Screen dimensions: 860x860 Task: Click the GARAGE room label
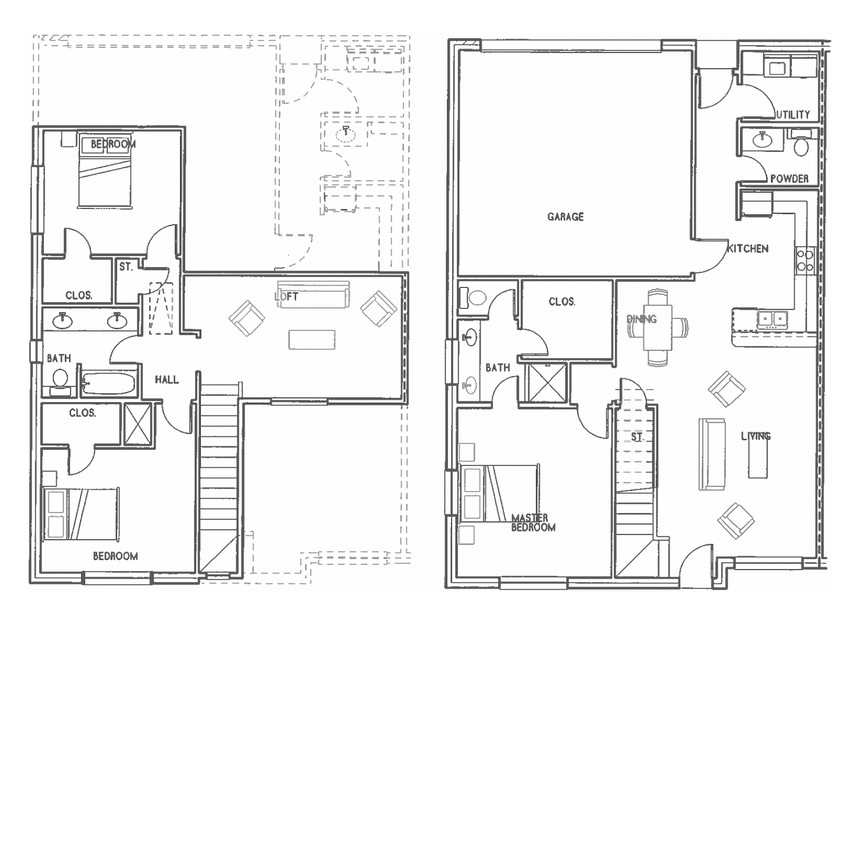tap(565, 217)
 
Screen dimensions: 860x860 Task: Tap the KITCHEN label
tap(748, 248)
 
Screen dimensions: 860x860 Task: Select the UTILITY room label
tap(793, 115)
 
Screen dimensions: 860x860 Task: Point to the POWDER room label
tap(789, 179)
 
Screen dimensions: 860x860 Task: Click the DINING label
tap(642, 319)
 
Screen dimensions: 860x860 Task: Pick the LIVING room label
tap(756, 436)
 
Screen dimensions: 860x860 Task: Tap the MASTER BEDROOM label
tap(533, 523)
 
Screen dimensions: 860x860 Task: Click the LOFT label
tap(287, 297)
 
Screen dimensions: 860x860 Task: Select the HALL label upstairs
tap(167, 380)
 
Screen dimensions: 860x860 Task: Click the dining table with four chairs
tap(658, 328)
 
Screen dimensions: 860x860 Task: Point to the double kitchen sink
tap(773, 319)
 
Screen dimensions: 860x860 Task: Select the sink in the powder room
tap(763, 140)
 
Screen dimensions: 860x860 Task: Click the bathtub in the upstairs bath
tap(109, 384)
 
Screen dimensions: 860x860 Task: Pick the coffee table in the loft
tap(312, 340)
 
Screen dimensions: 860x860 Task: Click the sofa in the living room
tap(712, 454)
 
